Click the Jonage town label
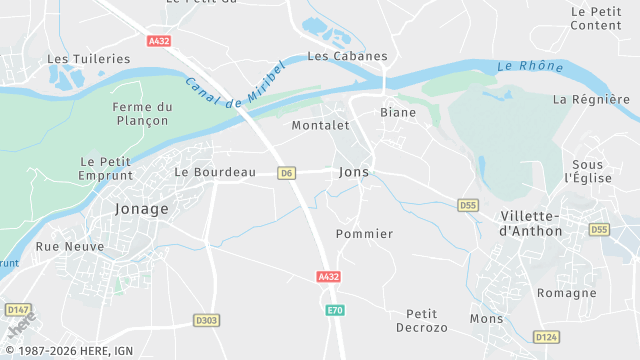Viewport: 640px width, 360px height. coord(141,209)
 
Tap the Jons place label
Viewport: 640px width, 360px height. coord(354,172)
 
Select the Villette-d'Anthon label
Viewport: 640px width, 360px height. coord(530,223)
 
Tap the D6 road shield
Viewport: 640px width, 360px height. coord(287,173)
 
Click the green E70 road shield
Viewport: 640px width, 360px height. coord(335,311)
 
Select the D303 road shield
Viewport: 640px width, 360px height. coord(206,321)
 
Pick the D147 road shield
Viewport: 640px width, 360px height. coord(17,310)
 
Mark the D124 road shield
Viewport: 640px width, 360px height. coord(545,336)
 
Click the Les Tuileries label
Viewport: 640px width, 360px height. coord(89,59)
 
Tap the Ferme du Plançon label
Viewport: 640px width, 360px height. coord(143,115)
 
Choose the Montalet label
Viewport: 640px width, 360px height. coord(320,126)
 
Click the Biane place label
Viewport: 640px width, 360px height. coord(398,113)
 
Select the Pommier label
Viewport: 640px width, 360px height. coord(365,234)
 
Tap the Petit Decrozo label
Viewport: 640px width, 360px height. coord(427,321)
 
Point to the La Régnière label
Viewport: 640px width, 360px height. coord(591,99)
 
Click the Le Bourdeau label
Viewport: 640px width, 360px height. coord(215,172)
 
